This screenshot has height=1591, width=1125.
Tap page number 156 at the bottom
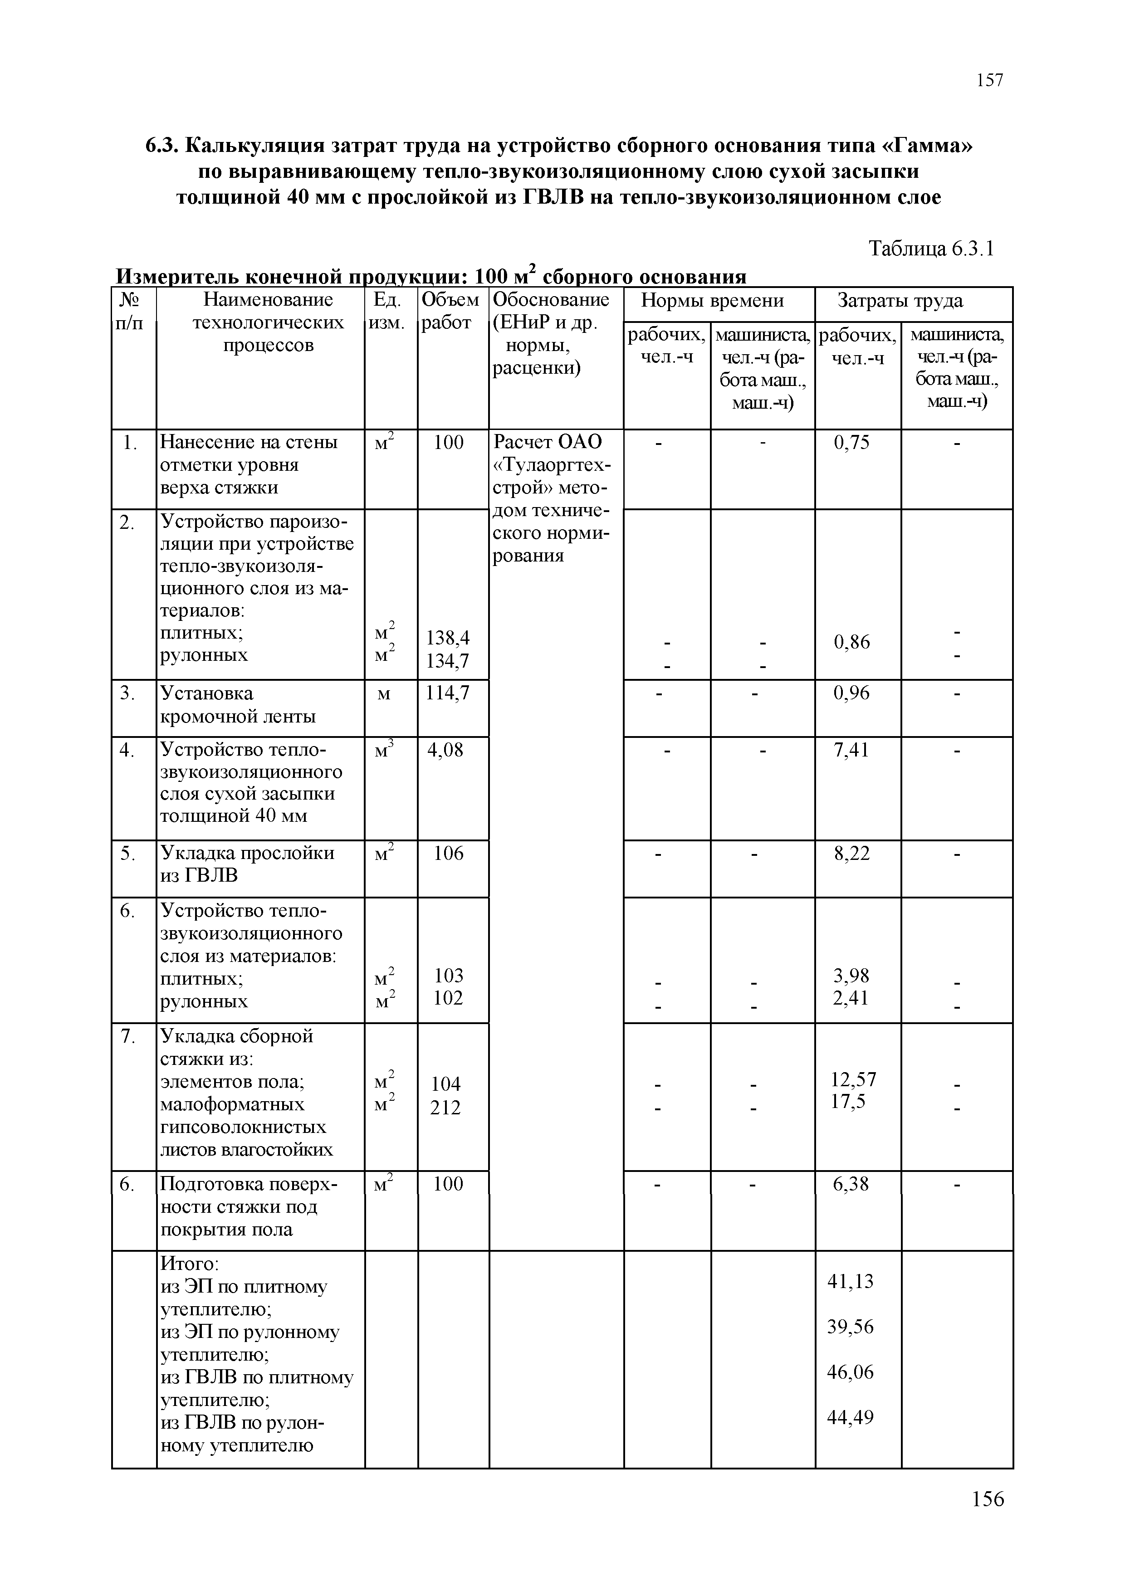click(988, 1499)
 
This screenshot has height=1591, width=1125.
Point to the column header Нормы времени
click(713, 300)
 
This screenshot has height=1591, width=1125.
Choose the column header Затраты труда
click(900, 300)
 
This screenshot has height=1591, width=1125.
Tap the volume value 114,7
click(448, 692)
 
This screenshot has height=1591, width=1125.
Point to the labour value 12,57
click(853, 1079)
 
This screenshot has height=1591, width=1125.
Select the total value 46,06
click(851, 1371)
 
